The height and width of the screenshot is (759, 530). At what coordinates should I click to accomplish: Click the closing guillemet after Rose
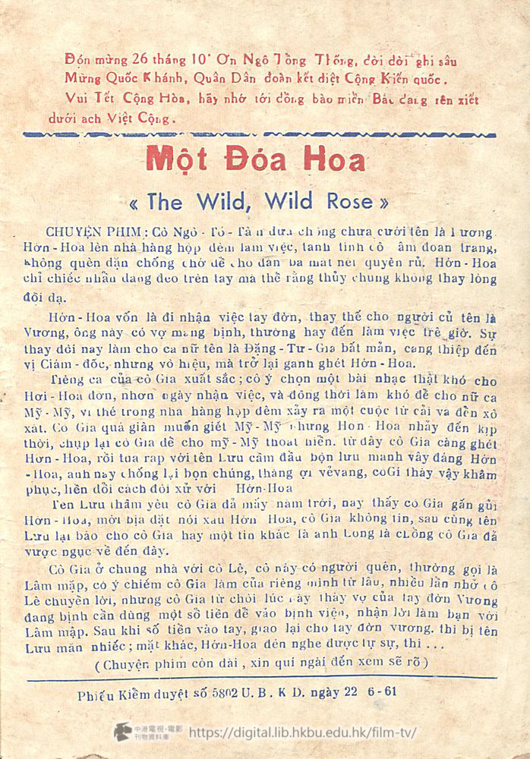(383, 203)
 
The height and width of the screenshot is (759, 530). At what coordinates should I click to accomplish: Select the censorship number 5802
(242, 691)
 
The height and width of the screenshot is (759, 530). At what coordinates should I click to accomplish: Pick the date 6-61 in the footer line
(383, 691)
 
